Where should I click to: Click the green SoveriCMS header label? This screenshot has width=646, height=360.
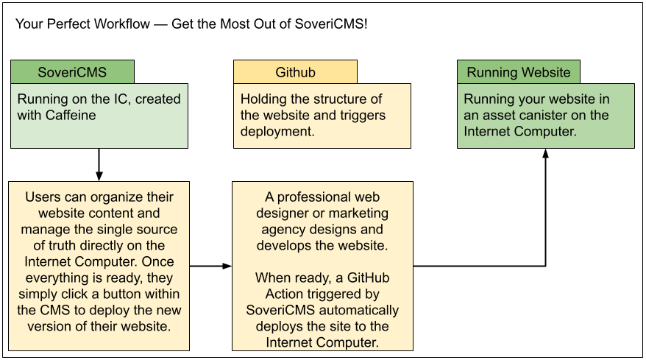[72, 72]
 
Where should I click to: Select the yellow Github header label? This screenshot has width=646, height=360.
[295, 72]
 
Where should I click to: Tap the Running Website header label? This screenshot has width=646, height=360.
[518, 72]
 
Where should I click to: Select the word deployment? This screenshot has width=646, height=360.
[277, 132]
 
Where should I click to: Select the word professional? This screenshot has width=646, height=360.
[317, 197]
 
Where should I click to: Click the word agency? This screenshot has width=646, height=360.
[277, 230]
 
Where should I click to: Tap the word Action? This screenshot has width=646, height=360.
[265, 294]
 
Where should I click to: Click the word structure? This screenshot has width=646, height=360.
[347, 99]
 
